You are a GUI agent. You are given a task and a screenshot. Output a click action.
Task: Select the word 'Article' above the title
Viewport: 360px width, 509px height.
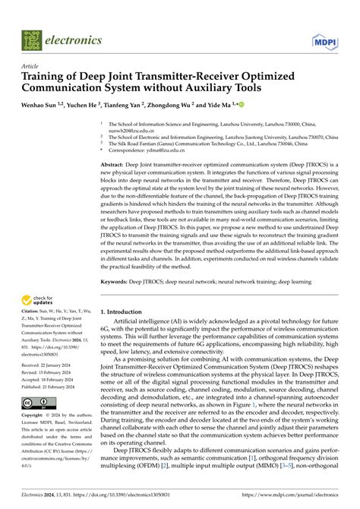pyautogui.click(x=30, y=67)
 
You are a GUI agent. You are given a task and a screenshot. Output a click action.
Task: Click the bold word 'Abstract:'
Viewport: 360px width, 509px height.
pyautogui.click(x=115, y=164)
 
